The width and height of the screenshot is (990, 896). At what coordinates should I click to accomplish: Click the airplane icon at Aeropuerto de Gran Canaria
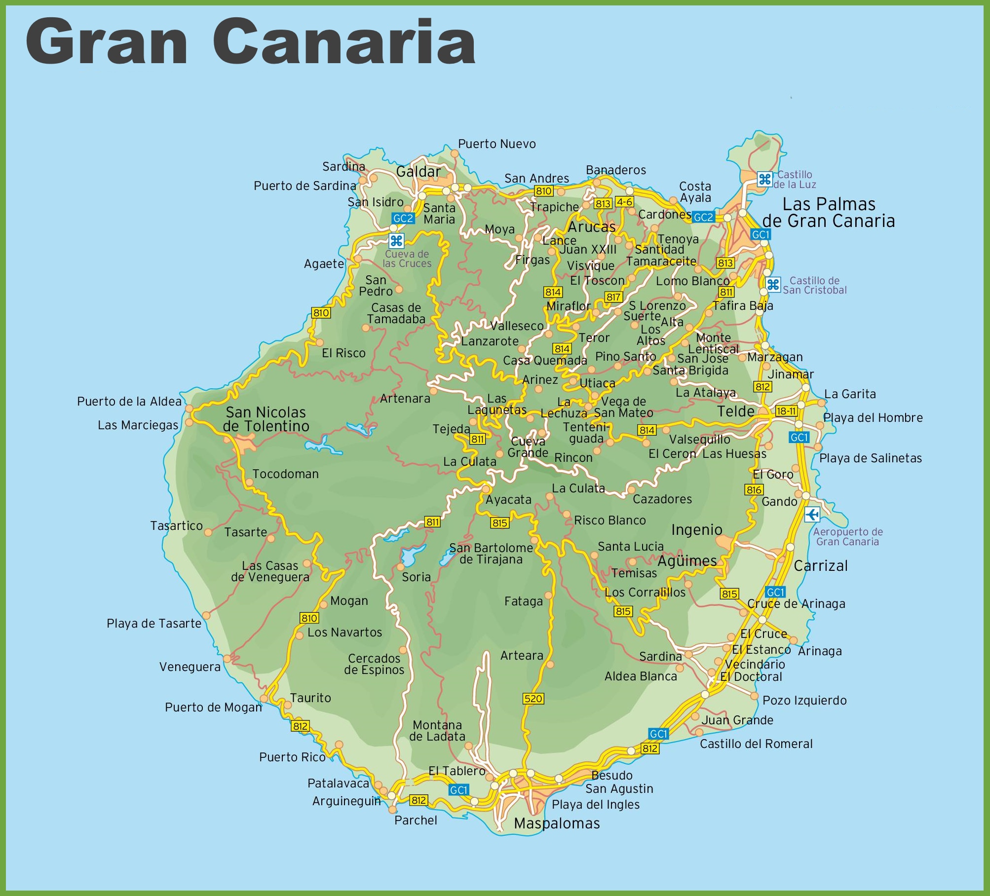point(812,515)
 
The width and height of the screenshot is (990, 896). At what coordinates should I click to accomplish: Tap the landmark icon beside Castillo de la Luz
point(765,179)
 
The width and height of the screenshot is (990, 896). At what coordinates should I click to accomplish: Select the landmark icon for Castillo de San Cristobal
point(773,285)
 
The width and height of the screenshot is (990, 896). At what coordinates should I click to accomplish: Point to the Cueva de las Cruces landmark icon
point(396,241)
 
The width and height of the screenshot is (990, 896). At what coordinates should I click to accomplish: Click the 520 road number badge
point(533,699)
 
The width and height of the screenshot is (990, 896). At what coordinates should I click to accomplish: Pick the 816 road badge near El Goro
point(754,490)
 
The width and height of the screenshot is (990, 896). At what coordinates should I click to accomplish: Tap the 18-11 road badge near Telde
point(786,411)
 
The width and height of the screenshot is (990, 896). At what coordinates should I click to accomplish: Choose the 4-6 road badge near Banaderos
point(624,202)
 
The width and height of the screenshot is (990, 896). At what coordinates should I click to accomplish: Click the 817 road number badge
point(613,297)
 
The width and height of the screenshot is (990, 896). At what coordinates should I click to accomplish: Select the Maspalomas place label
point(557,823)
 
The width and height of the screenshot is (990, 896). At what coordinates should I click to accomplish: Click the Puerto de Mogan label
point(213,707)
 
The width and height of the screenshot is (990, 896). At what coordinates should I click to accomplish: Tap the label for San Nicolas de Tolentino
point(266,419)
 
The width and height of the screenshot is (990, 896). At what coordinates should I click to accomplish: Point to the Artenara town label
point(405,399)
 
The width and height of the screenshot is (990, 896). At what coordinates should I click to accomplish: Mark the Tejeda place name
point(451,429)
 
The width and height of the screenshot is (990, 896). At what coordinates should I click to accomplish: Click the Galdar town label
point(419,172)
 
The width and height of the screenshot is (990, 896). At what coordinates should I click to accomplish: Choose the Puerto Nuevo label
point(496,144)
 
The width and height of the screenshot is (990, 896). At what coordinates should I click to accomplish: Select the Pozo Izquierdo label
point(804,700)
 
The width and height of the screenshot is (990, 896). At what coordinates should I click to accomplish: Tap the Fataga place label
point(523,601)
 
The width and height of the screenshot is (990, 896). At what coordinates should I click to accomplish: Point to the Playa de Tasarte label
point(154,623)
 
